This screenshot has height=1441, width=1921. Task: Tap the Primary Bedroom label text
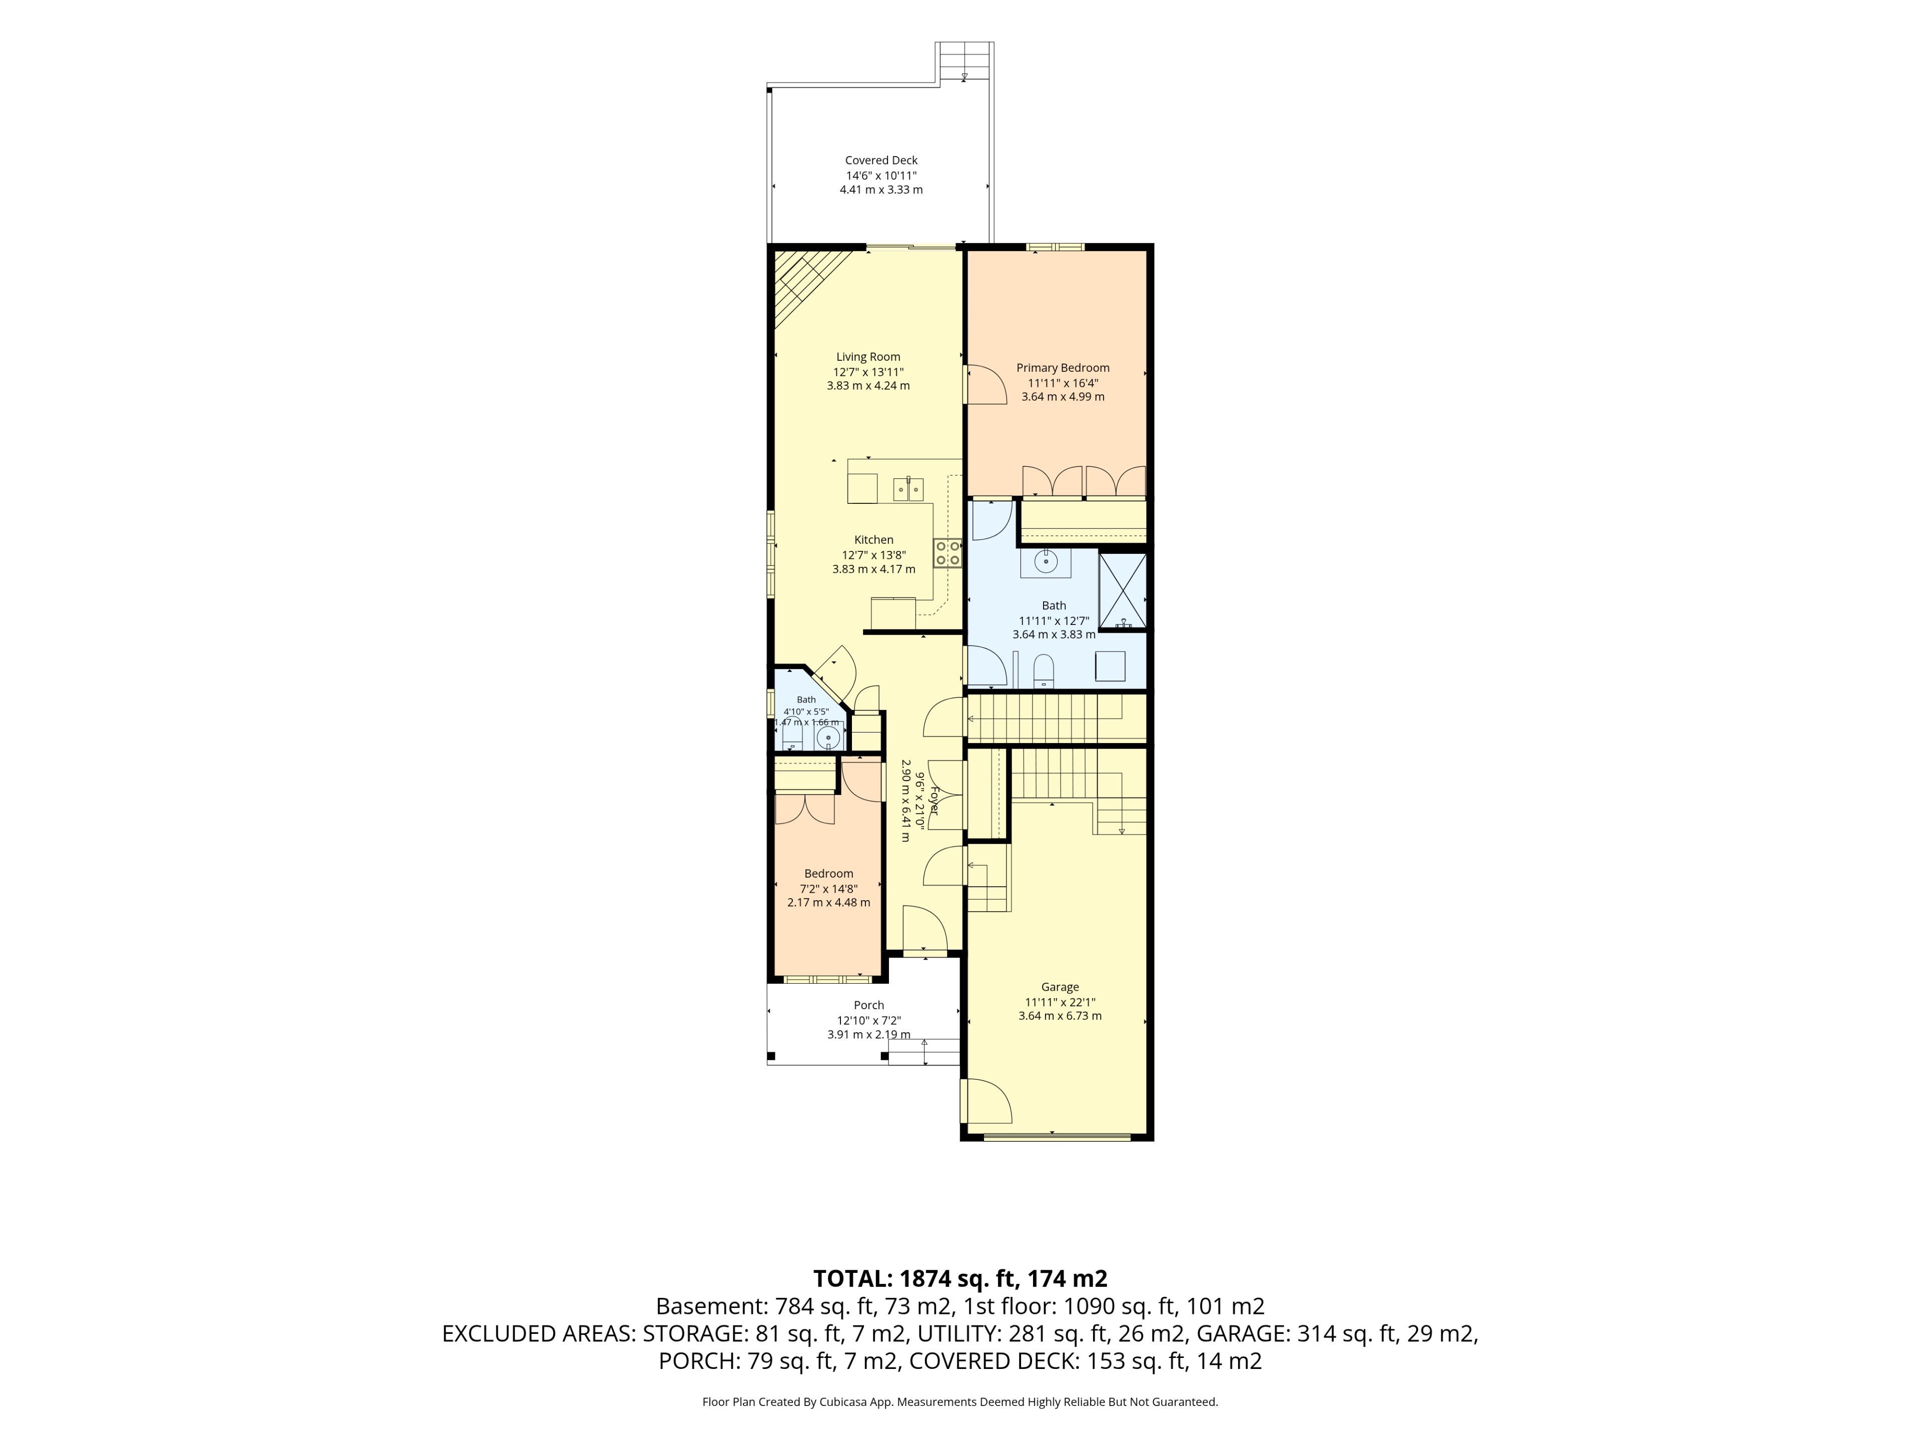1063,368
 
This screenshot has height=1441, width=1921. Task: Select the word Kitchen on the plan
873,540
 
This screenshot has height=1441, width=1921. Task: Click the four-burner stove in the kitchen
947,553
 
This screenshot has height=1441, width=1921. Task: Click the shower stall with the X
1123,590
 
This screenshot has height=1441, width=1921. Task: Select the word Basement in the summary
705,1306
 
